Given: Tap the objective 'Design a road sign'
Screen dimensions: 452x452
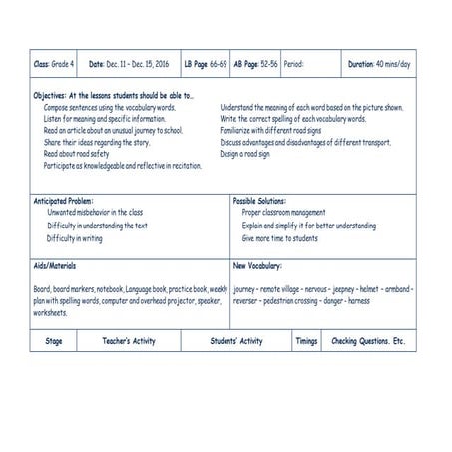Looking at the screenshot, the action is coord(245,155).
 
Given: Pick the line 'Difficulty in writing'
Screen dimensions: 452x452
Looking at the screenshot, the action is coord(74,239).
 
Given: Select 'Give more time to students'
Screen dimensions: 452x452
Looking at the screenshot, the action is coord(280,239).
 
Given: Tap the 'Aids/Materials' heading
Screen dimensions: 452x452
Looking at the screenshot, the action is coord(55,266).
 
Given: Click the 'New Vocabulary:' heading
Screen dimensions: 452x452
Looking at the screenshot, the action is coord(257,266).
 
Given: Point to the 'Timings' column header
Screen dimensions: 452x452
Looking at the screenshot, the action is coord(306,341).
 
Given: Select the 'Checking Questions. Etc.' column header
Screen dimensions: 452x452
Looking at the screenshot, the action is coord(368,341).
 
